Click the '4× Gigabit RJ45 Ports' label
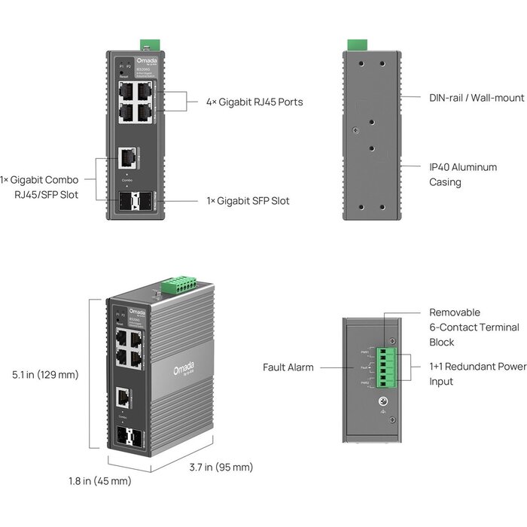(x=254, y=102)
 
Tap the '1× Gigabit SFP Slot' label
(x=248, y=201)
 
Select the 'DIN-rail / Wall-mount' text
(x=465, y=98)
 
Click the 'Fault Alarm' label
(x=288, y=367)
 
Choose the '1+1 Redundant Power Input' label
(x=477, y=374)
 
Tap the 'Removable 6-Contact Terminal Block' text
(x=474, y=327)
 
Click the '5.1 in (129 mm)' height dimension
(x=45, y=374)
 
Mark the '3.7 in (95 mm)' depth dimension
(x=221, y=468)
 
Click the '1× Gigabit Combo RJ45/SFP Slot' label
(x=50, y=187)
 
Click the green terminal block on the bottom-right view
(x=390, y=367)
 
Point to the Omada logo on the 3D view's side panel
(x=184, y=367)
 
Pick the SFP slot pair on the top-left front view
(x=133, y=202)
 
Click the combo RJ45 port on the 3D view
(x=123, y=396)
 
